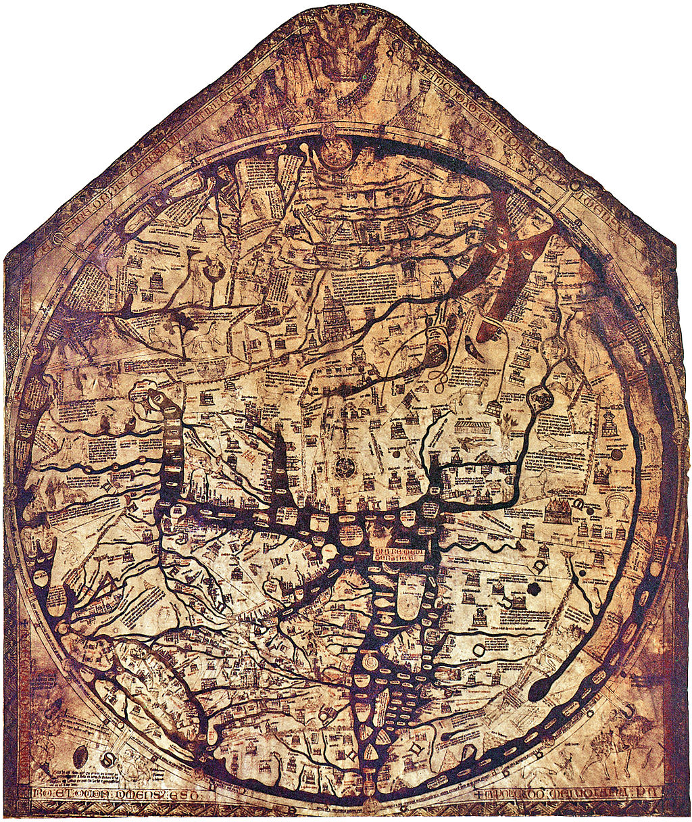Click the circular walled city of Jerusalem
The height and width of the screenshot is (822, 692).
[345, 466]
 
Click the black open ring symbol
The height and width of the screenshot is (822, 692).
[479, 650]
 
